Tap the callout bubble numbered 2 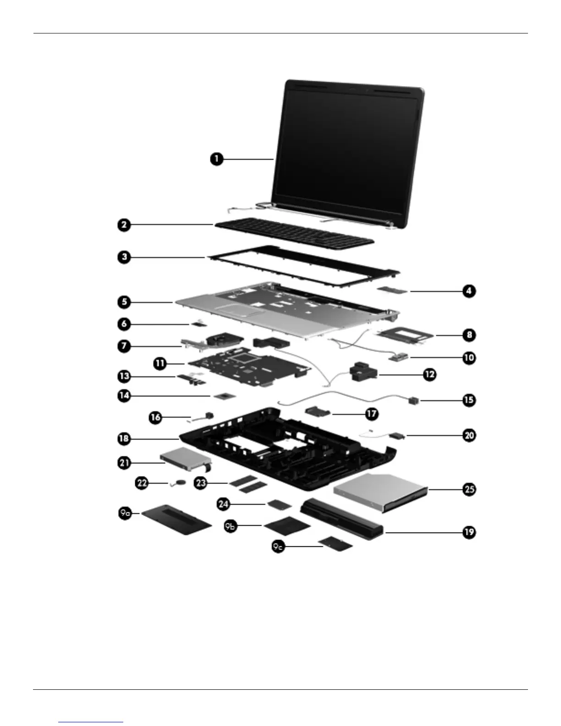[x=124, y=225]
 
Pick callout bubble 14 [x=124, y=395]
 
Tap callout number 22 [x=142, y=483]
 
